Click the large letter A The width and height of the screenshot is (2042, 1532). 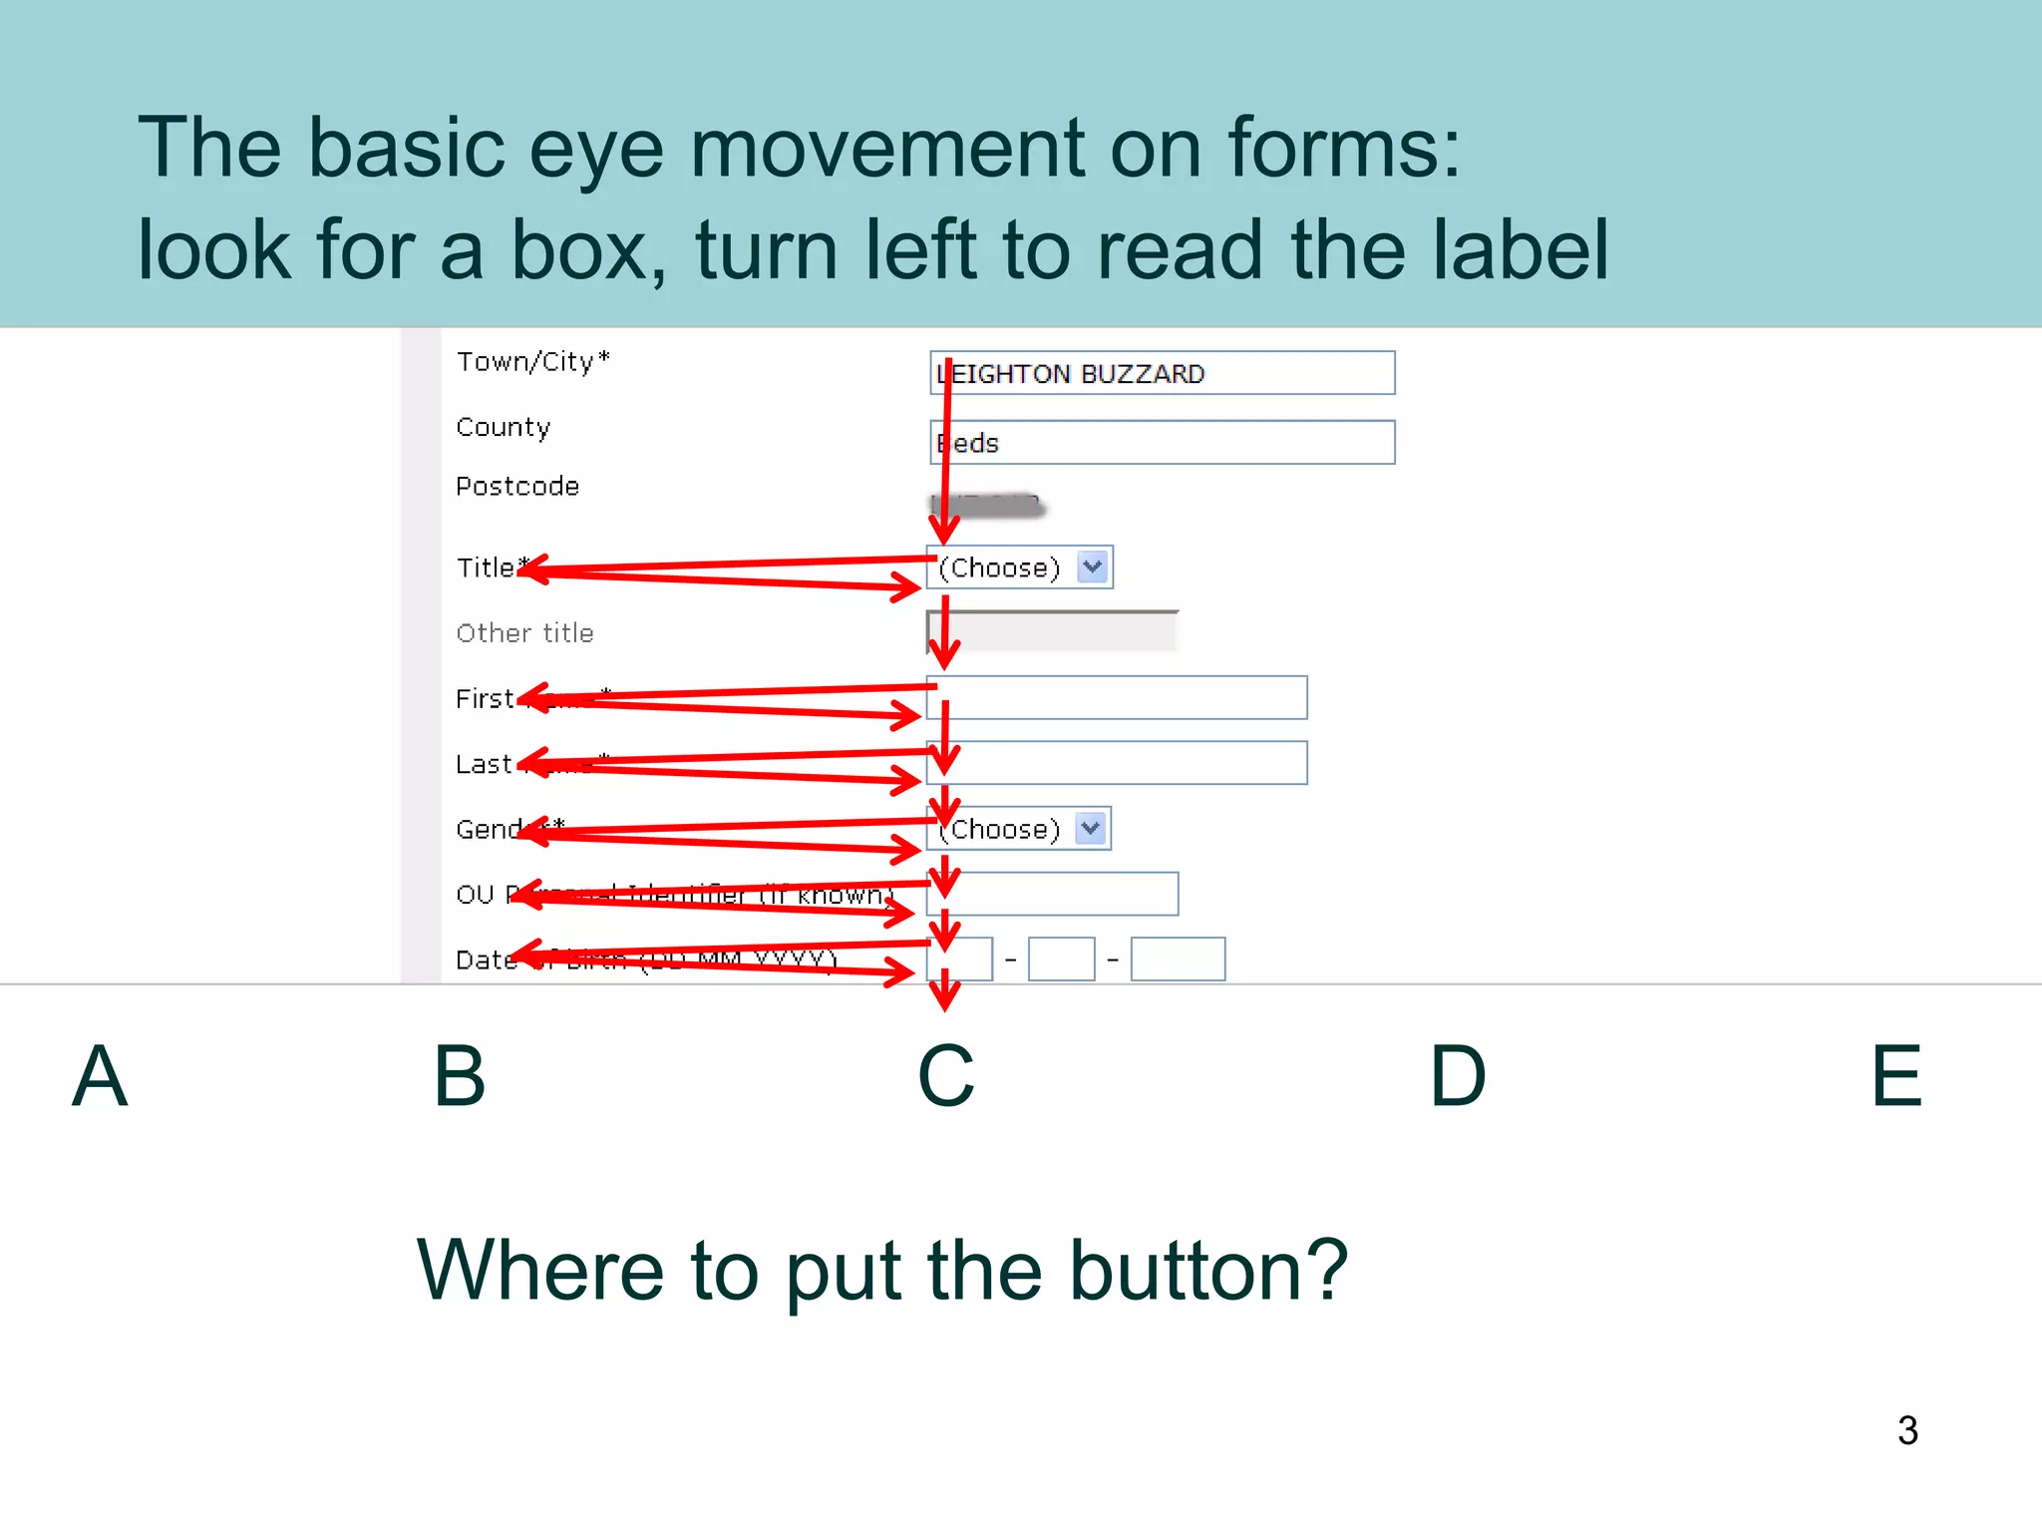[100, 1076]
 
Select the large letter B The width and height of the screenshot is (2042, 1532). [460, 1076]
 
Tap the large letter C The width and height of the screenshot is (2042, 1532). [945, 1076]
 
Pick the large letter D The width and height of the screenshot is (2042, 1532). [1458, 1076]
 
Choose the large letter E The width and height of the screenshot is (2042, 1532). [1896, 1076]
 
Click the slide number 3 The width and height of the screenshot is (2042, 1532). [1907, 1430]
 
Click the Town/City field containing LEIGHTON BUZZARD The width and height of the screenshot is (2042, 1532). [1162, 373]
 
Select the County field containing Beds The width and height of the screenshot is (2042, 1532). [1162, 443]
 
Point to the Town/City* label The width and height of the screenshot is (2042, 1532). [532, 361]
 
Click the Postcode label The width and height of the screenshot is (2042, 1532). [517, 487]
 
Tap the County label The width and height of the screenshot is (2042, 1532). [503, 427]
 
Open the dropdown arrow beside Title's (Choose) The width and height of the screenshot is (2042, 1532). [1093, 568]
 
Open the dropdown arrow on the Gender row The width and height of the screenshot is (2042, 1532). [1091, 829]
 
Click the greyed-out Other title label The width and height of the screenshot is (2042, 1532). [524, 633]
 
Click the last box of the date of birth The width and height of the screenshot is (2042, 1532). [1178, 959]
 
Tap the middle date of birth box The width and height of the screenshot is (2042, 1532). [1061, 959]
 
